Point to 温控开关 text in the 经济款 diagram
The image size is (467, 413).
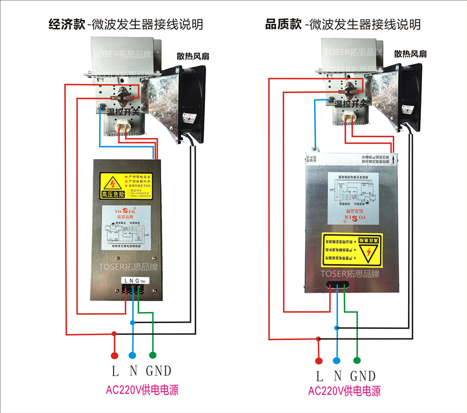[124, 110]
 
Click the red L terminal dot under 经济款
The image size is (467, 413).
[115, 355]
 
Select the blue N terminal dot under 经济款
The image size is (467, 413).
[133, 355]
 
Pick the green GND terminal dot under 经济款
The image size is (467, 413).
[153, 355]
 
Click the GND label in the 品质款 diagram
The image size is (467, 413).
[363, 376]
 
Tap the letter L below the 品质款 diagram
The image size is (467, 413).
[319, 376]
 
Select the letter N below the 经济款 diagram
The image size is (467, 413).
[133, 370]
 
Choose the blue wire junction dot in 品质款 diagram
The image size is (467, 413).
[336, 328]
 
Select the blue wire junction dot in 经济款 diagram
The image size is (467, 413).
[133, 322]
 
